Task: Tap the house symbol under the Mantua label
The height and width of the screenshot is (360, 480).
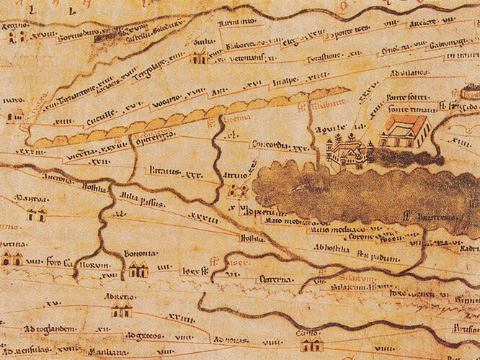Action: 36,213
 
